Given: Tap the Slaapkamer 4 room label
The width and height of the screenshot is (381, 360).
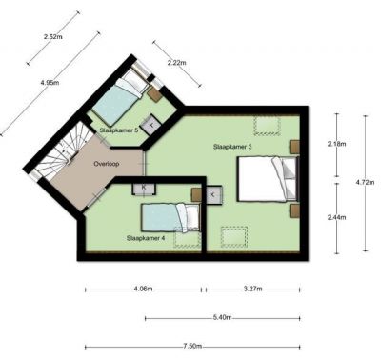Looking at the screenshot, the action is [146, 238].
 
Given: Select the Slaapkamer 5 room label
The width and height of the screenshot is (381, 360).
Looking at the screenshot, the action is [119, 130].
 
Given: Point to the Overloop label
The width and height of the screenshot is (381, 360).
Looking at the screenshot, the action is [107, 164].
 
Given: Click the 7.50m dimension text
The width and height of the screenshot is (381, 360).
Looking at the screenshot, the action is [192, 346].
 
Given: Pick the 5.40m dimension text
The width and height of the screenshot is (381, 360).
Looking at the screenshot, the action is [222, 317].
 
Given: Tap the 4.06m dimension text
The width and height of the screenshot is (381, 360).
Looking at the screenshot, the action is [144, 289].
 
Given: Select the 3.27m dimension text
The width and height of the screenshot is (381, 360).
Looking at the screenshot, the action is [253, 289].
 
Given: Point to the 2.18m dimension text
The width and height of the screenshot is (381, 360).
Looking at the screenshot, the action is [336, 144].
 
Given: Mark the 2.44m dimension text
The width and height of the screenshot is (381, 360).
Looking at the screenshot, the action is [336, 217].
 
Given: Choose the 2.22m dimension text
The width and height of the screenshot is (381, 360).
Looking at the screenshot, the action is [177, 63].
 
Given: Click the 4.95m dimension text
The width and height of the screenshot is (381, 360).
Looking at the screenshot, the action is [50, 83].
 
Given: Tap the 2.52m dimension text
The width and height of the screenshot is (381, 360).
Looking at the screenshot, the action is [53, 36].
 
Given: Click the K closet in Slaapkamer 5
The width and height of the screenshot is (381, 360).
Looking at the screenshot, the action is [151, 125].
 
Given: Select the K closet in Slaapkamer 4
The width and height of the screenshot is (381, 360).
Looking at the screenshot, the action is [144, 188].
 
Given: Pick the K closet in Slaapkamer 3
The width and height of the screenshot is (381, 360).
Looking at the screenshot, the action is [212, 194].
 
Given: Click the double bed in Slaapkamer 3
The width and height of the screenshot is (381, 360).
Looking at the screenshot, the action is [269, 179].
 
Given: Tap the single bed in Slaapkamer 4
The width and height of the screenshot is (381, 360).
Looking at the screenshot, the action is [170, 217].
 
